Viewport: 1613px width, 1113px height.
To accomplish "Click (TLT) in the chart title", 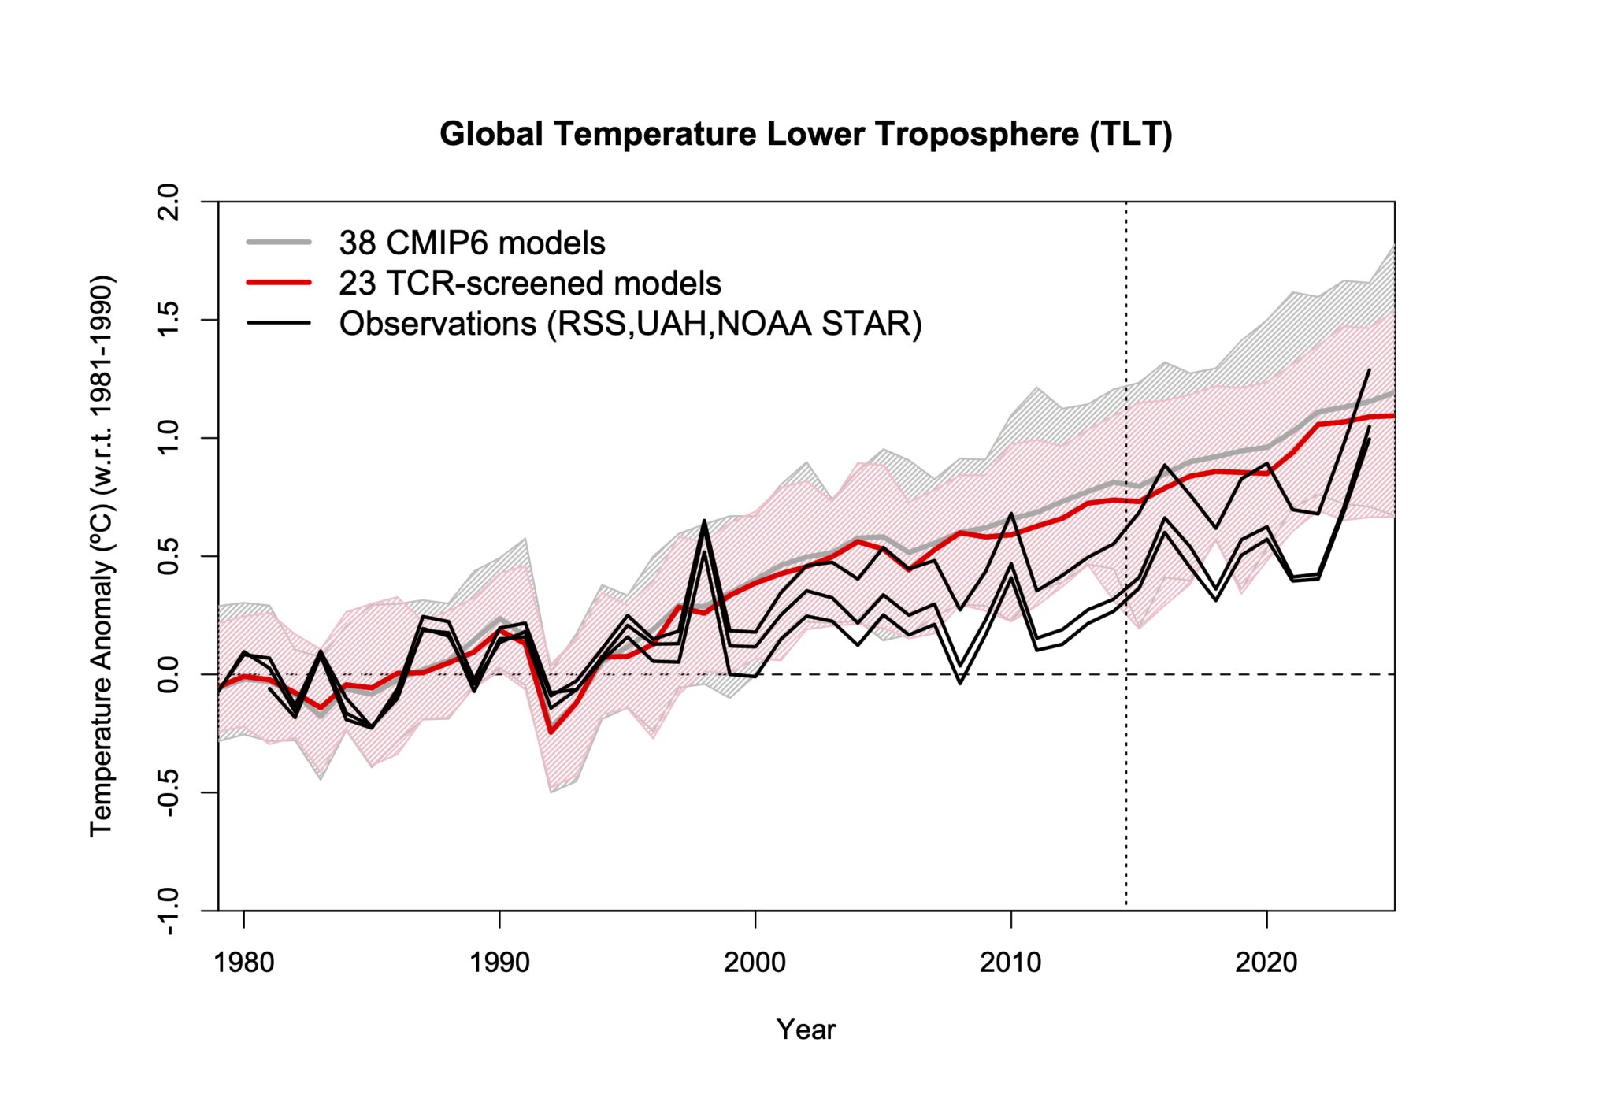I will coord(1131,134).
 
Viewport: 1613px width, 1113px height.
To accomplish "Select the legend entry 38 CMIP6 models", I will coord(472,243).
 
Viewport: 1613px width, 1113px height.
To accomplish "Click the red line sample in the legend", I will coord(279,283).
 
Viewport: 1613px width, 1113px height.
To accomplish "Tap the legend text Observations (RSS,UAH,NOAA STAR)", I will coord(630,323).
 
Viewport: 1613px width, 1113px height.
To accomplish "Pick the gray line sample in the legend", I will coord(279,242).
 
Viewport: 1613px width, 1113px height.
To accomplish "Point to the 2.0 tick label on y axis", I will coord(169,202).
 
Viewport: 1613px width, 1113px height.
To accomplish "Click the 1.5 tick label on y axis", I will coord(169,320).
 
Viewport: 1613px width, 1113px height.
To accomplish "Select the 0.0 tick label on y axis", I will coord(169,674).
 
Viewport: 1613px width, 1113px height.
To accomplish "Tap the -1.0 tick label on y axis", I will coord(169,911).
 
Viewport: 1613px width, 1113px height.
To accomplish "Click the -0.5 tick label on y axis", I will coord(169,792).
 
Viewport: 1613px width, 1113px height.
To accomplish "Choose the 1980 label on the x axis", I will coord(244,962).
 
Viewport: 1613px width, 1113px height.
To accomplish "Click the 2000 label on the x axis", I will coord(755,962).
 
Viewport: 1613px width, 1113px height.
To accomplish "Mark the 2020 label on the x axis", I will coord(1266,962).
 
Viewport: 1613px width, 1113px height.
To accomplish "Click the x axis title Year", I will coord(806,1029).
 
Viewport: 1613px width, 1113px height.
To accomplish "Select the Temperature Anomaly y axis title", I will coord(102,556).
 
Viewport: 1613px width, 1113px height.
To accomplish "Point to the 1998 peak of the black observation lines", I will coord(704,521).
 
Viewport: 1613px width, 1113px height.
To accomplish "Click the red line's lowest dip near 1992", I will coord(551,733).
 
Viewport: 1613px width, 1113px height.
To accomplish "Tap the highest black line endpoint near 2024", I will coord(1369,369).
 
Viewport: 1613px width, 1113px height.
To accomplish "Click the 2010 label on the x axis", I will coord(1010,962).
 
